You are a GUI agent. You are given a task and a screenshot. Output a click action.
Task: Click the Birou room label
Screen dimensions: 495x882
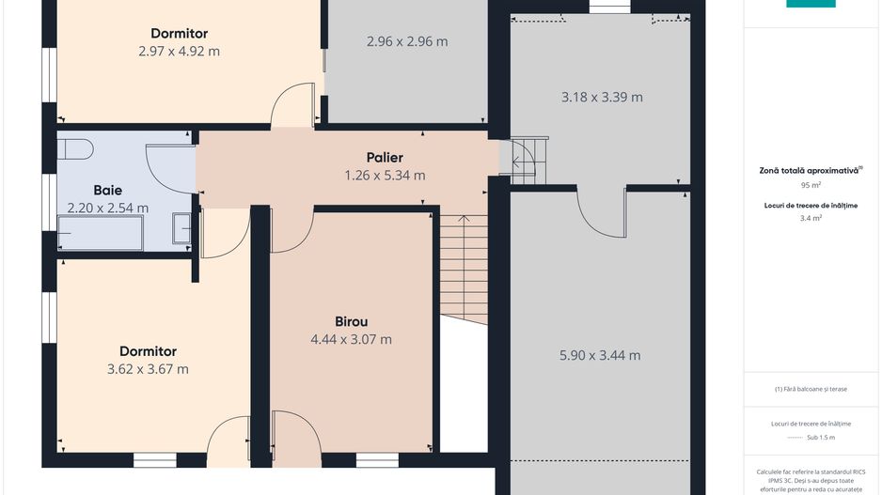click(351, 321)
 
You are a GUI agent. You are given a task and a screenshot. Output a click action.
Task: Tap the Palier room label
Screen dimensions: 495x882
click(385, 157)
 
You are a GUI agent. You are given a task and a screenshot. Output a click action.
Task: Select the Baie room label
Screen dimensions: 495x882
click(107, 190)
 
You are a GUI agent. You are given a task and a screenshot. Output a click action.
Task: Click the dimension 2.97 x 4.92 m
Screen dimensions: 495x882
click(179, 52)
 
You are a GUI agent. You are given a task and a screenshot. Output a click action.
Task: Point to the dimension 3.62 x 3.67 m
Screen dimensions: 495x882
click(148, 369)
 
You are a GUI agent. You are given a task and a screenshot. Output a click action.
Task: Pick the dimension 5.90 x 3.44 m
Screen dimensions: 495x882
click(600, 355)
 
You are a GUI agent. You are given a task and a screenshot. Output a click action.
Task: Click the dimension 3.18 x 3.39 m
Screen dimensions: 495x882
click(602, 97)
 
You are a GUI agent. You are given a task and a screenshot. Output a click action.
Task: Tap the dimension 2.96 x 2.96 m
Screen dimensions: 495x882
click(406, 41)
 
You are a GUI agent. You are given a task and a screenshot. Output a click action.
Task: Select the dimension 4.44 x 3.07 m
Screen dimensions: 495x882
click(351, 339)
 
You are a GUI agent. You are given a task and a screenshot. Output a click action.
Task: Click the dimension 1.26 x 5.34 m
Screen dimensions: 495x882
click(385, 175)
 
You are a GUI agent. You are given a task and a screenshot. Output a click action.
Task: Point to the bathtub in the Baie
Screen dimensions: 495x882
click(100, 232)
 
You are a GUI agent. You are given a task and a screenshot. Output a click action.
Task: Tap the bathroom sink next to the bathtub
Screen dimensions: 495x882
click(181, 227)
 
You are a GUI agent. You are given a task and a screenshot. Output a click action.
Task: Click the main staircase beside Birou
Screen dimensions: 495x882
click(464, 268)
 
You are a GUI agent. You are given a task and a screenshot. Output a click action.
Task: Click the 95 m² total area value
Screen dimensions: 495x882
click(811, 186)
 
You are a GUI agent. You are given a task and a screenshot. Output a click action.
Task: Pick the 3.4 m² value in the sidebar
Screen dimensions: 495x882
click(811, 218)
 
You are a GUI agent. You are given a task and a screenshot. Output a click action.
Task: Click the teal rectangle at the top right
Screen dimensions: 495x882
click(811, 3)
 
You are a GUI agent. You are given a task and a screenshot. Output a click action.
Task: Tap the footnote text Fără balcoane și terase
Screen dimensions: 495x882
click(811, 388)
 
